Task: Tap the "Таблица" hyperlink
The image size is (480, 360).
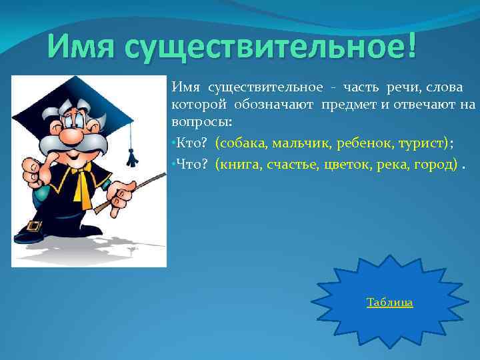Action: [389, 303]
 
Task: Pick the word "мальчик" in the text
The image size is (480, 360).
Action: [295, 143]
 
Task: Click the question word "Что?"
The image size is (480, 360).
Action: [192, 163]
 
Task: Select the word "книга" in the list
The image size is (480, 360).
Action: [240, 163]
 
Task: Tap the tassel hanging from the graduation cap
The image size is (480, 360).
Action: [132, 157]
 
